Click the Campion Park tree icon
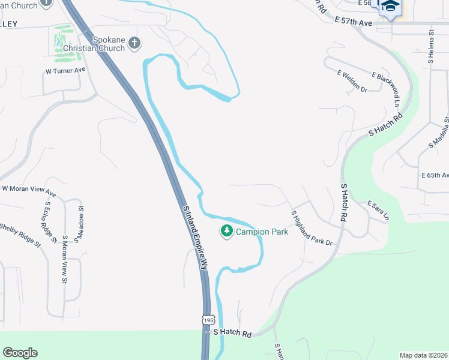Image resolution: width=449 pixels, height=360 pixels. (227, 231)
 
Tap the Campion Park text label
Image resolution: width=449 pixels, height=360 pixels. (262, 232)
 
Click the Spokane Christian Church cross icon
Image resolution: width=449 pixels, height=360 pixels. (134, 43)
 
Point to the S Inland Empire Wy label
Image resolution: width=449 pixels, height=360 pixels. (195, 238)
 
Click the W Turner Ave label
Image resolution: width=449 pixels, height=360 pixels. (66, 70)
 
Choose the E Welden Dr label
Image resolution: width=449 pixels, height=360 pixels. (352, 81)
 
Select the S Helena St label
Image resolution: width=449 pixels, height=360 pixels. (430, 50)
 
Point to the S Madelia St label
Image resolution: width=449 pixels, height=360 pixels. (439, 133)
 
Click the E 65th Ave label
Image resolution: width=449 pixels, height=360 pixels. (435, 175)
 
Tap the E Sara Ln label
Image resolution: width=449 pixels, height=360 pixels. (378, 210)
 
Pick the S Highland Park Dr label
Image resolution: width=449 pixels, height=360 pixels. (312, 228)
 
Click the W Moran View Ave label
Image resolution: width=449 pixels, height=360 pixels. (29, 191)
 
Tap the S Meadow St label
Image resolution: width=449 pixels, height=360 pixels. (79, 223)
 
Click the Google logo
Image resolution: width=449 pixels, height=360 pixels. (20, 353)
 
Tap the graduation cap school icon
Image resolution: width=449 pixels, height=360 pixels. (391, 5)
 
